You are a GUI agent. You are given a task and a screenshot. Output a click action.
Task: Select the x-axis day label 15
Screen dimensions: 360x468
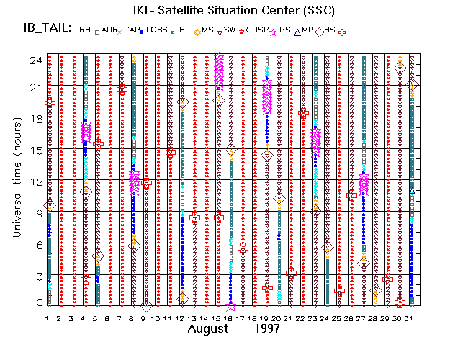218,318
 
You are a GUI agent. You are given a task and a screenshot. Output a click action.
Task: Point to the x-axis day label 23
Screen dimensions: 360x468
315,318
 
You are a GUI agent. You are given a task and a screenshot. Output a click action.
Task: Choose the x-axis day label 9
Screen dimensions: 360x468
145,318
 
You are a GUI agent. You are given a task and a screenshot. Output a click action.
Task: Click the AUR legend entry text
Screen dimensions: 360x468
109,30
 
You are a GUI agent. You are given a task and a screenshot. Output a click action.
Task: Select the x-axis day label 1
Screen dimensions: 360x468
48,318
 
